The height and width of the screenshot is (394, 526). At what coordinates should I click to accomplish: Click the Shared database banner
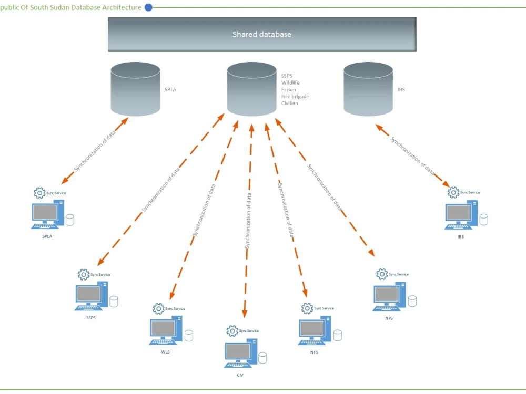262,34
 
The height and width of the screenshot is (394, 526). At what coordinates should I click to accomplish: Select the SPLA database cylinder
136,89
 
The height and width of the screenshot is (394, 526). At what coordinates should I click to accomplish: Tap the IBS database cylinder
368,89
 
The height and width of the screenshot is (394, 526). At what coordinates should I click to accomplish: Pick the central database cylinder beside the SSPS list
252,89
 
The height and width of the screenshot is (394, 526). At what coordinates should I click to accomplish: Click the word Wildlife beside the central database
290,82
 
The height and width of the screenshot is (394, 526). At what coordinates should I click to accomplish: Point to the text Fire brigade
295,97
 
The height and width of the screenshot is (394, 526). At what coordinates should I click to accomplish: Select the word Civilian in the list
289,103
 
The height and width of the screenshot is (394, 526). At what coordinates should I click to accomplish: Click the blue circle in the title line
148,7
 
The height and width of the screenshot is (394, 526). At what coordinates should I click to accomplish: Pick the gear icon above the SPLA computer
39,193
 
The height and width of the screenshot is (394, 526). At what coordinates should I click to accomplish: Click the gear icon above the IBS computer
453,192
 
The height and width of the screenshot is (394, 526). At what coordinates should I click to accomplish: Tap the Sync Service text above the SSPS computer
100,275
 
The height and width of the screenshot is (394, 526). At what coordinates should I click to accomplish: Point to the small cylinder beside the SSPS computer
114,301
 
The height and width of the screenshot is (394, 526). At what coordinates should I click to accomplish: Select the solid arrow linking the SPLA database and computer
95,151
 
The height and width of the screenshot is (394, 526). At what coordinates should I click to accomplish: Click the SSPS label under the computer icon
91,318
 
